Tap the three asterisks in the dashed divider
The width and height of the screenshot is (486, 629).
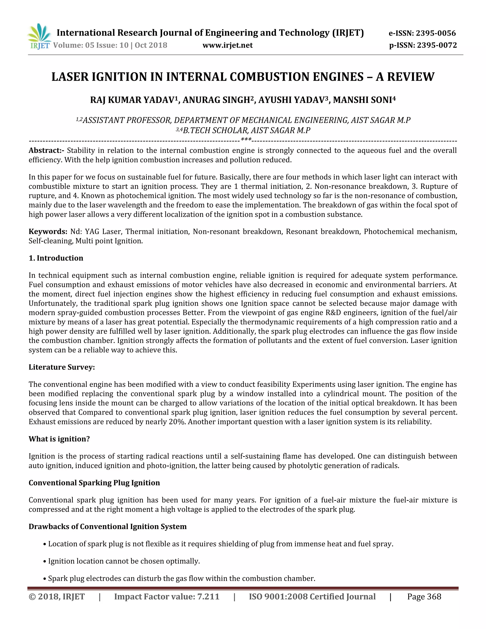(x=246, y=140)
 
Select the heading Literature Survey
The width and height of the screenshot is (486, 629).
(x=62, y=367)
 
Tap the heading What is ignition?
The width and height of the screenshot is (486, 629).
(x=59, y=439)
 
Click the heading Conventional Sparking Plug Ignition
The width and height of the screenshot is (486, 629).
(x=94, y=483)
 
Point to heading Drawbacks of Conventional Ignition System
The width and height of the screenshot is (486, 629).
(x=108, y=527)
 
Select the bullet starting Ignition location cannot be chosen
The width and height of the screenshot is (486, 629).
(x=124, y=561)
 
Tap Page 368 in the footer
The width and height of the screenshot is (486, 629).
(x=424, y=597)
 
